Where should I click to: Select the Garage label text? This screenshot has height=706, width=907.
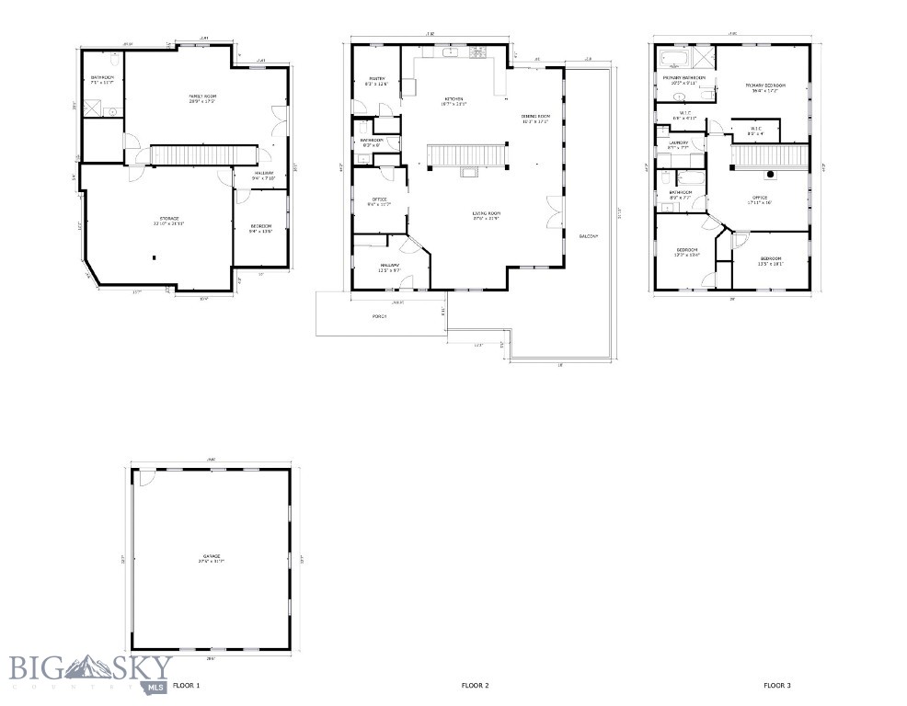click(x=212, y=557)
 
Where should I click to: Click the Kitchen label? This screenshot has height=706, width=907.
click(x=453, y=100)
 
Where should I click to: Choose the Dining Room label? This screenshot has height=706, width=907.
click(x=534, y=118)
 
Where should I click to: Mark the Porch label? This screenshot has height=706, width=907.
click(x=380, y=316)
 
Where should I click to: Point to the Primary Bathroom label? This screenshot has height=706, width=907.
click(x=683, y=80)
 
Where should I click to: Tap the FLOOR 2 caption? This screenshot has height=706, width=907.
click(x=475, y=685)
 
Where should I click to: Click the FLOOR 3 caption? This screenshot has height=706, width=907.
click(x=776, y=685)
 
